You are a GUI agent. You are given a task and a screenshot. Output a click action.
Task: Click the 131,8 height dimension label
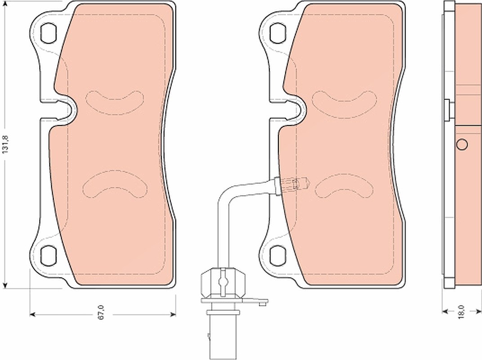(5, 144)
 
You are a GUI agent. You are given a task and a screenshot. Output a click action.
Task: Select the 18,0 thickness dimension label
(462, 312)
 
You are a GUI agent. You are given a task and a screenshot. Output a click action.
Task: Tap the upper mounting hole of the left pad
(49, 33)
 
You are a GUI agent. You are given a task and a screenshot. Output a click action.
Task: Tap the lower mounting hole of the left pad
(49, 255)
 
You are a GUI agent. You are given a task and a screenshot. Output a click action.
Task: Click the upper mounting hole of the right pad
(278, 33)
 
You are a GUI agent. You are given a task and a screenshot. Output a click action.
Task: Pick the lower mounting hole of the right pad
(278, 255)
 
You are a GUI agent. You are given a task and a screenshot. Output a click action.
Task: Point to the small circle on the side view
(462, 144)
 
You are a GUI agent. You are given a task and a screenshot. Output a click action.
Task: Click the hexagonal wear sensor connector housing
(223, 283)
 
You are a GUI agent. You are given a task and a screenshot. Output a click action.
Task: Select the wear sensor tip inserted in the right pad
(292, 184)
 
